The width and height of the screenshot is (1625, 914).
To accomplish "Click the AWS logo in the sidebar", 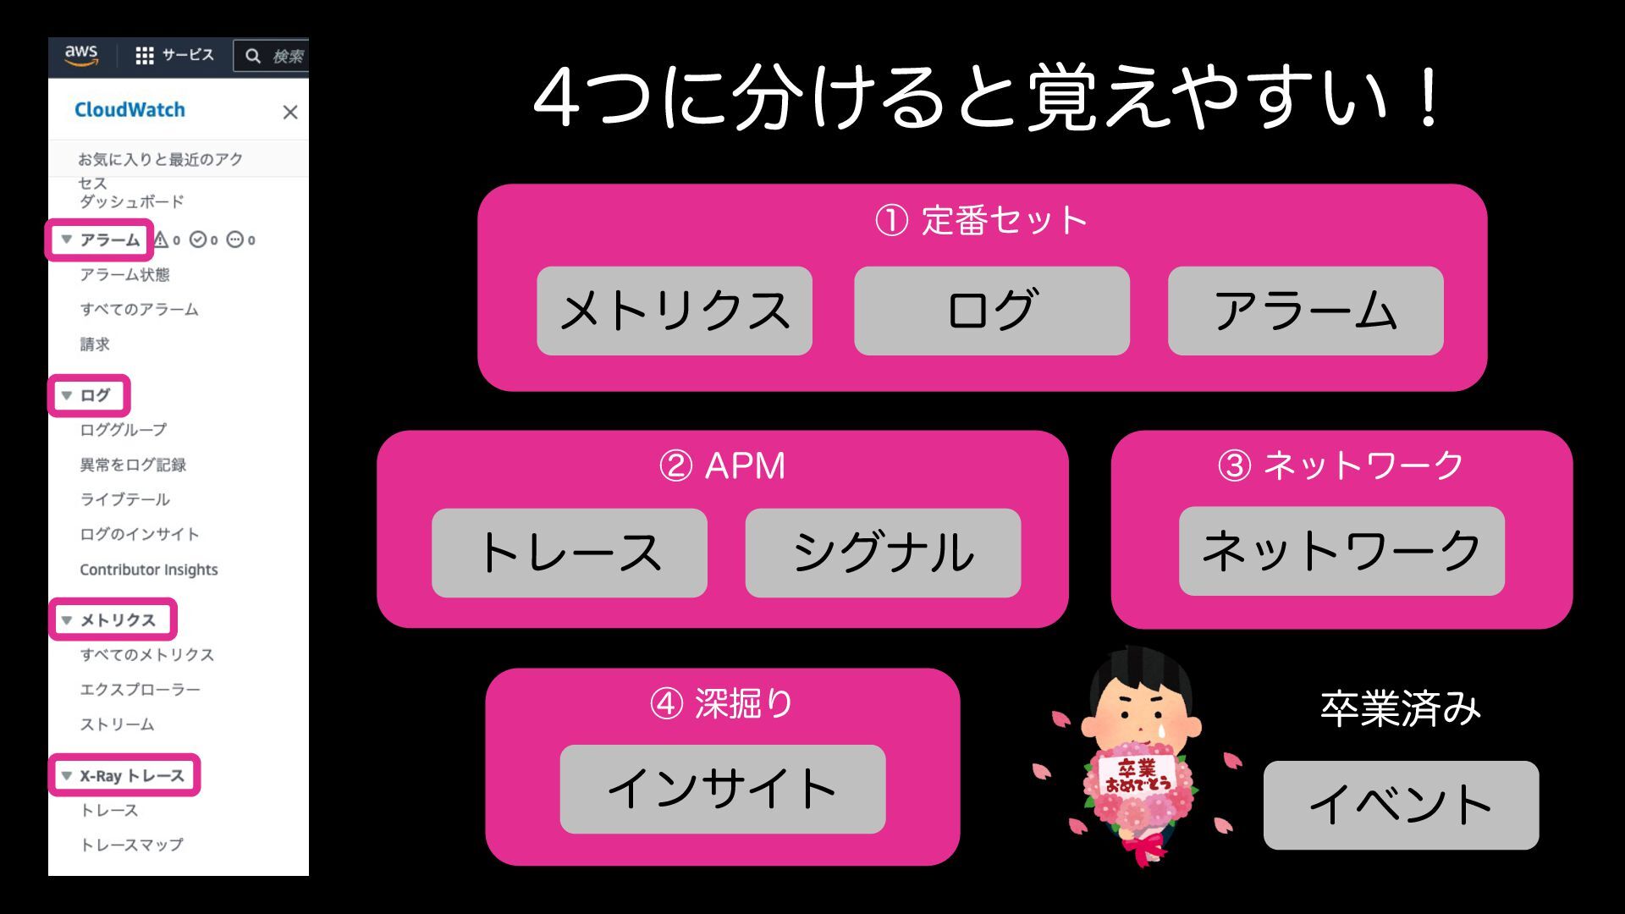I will (x=81, y=55).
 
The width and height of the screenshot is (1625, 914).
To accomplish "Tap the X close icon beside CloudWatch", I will (x=290, y=112).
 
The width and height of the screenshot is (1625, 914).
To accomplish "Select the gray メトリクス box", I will (x=675, y=311).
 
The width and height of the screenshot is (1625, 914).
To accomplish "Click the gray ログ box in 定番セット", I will (x=991, y=311).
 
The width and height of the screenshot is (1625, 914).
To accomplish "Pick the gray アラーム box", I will (x=1305, y=311).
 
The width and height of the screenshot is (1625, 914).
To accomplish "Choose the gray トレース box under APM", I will (x=569, y=553).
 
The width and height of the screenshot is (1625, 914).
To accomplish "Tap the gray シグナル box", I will (x=883, y=553).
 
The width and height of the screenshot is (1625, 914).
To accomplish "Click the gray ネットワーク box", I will (x=1341, y=551).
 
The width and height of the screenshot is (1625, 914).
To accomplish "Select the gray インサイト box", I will (x=722, y=789).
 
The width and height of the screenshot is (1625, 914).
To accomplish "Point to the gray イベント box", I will (x=1401, y=805).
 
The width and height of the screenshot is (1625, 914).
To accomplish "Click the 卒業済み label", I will (x=1400, y=709).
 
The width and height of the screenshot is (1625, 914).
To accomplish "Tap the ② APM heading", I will (x=722, y=465).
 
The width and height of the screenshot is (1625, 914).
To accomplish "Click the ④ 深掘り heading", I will (x=722, y=703).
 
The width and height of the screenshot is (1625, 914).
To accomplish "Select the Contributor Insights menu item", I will (x=149, y=570).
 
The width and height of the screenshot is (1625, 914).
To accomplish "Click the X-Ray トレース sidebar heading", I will (x=131, y=775).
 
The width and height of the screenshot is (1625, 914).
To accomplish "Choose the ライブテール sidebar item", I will (x=125, y=499).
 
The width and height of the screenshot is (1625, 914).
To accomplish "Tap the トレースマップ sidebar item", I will (x=131, y=845).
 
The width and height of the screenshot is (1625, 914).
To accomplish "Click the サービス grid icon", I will (x=145, y=56).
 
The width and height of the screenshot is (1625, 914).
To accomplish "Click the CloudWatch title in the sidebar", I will (x=129, y=110).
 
